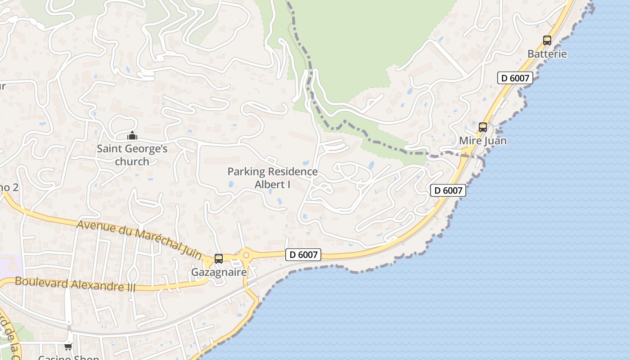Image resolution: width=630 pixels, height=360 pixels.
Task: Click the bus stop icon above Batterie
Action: click(x=547, y=40)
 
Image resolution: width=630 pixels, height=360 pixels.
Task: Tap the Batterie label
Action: click(x=547, y=54)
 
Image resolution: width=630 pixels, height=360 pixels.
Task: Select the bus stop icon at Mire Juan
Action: click(x=483, y=127)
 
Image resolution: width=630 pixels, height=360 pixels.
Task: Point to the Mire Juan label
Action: click(x=483, y=141)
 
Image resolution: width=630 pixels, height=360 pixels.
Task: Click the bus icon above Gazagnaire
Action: click(x=219, y=259)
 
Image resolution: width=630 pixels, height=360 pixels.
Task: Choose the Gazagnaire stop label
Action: click(x=219, y=272)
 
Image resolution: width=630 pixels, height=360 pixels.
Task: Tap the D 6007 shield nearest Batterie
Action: click(x=515, y=78)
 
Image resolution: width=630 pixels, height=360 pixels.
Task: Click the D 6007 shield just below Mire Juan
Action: click(x=448, y=190)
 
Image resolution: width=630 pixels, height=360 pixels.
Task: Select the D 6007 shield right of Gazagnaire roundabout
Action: click(x=303, y=255)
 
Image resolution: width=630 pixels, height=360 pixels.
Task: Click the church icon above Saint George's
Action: click(x=132, y=135)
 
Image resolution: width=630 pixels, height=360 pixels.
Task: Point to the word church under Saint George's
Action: click(x=132, y=162)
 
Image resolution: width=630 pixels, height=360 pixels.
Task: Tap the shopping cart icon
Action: click(x=68, y=346)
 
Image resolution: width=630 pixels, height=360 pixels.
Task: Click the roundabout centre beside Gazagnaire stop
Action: click(x=246, y=256)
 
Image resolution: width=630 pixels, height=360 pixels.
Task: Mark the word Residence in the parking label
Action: click(x=293, y=171)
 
